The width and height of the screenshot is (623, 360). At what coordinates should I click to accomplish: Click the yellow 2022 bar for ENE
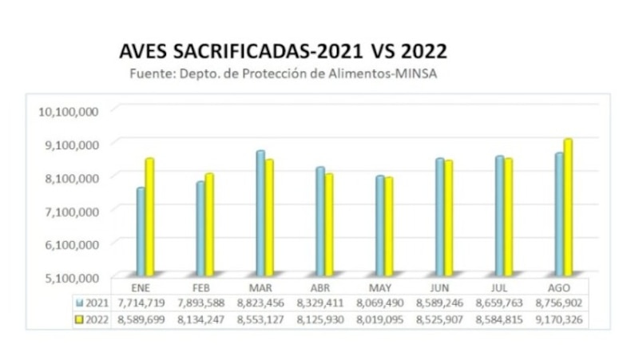149,216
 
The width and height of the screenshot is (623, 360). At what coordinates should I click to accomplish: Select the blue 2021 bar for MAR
260,212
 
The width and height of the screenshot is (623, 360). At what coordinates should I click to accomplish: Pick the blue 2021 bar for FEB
200,227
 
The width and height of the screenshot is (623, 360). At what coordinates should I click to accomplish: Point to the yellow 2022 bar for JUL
508,216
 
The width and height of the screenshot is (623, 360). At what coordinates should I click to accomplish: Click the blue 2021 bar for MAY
380,224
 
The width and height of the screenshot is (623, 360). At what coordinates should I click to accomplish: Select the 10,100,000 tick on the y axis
69,110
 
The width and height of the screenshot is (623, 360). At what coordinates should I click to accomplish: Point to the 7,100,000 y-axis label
69,210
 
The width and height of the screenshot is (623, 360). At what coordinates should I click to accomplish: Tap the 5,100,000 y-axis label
69,277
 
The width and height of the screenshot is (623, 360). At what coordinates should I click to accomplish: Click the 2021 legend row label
94,303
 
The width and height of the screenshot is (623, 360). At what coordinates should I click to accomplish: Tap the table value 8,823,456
260,303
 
